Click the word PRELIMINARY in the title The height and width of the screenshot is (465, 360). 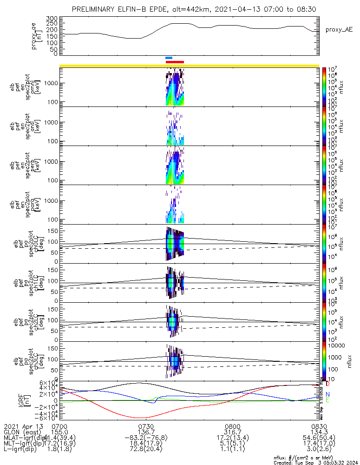coord(96,9)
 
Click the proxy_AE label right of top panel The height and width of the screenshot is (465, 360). coord(339,30)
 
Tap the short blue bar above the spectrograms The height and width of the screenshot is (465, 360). coord(169,58)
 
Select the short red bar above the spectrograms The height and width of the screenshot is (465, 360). coord(175,61)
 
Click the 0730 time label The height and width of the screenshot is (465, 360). coord(146,426)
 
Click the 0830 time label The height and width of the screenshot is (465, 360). coord(319,426)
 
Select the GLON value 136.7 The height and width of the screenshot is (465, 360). coord(146,432)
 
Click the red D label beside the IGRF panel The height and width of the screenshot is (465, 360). coord(327,384)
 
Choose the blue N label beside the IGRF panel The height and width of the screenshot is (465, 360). coord(327,394)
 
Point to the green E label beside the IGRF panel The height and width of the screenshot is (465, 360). coord(327,400)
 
